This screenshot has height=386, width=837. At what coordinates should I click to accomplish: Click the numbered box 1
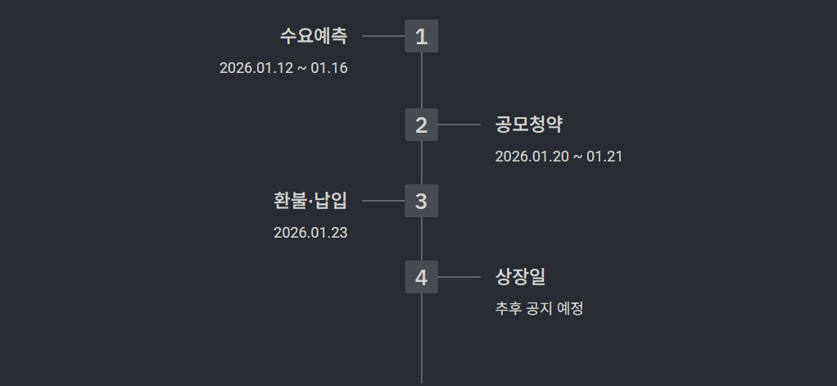tap(421, 36)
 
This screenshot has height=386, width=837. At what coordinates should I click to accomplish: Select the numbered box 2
tap(421, 125)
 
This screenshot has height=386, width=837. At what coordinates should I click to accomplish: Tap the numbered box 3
tap(421, 201)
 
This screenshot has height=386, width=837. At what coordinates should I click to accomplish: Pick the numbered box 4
tap(421, 277)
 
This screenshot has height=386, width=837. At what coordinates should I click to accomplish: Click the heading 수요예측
tap(314, 36)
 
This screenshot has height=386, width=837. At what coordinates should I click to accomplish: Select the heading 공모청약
tap(529, 125)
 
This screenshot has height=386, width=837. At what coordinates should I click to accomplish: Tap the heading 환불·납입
tap(310, 201)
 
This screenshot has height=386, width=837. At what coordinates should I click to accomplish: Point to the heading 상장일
tap(520, 277)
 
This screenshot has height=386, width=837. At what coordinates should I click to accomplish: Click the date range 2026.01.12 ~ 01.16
tap(283, 68)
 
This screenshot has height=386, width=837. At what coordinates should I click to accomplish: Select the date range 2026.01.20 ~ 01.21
tap(559, 157)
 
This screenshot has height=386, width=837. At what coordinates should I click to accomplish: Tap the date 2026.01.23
tap(310, 233)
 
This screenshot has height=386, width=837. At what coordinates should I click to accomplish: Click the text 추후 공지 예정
tap(539, 309)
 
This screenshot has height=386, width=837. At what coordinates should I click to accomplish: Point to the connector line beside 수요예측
tap(383, 36)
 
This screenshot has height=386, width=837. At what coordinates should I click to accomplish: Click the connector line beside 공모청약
tap(459, 125)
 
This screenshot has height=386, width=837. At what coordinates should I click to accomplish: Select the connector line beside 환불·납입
tap(383, 201)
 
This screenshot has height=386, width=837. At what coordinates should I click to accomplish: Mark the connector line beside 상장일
tap(459, 277)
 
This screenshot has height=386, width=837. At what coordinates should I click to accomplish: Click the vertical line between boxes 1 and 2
tap(422, 80)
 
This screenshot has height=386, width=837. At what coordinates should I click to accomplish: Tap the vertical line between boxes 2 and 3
tap(422, 162)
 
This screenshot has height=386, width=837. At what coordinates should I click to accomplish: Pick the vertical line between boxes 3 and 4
tap(422, 238)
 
